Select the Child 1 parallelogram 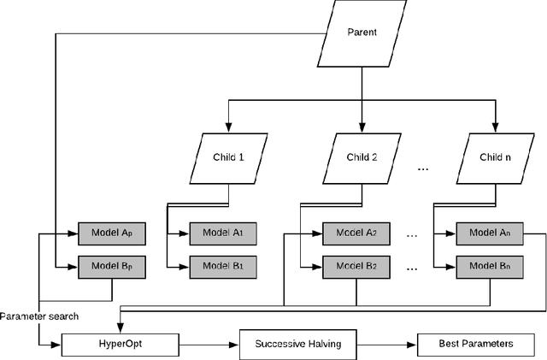(228, 158)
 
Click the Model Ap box (110, 233)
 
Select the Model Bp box (110, 266)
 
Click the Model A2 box (356, 233)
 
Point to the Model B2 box (356, 266)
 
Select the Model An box (489, 233)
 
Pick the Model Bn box (489, 266)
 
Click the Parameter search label (39, 316)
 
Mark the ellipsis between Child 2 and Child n (423, 170)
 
